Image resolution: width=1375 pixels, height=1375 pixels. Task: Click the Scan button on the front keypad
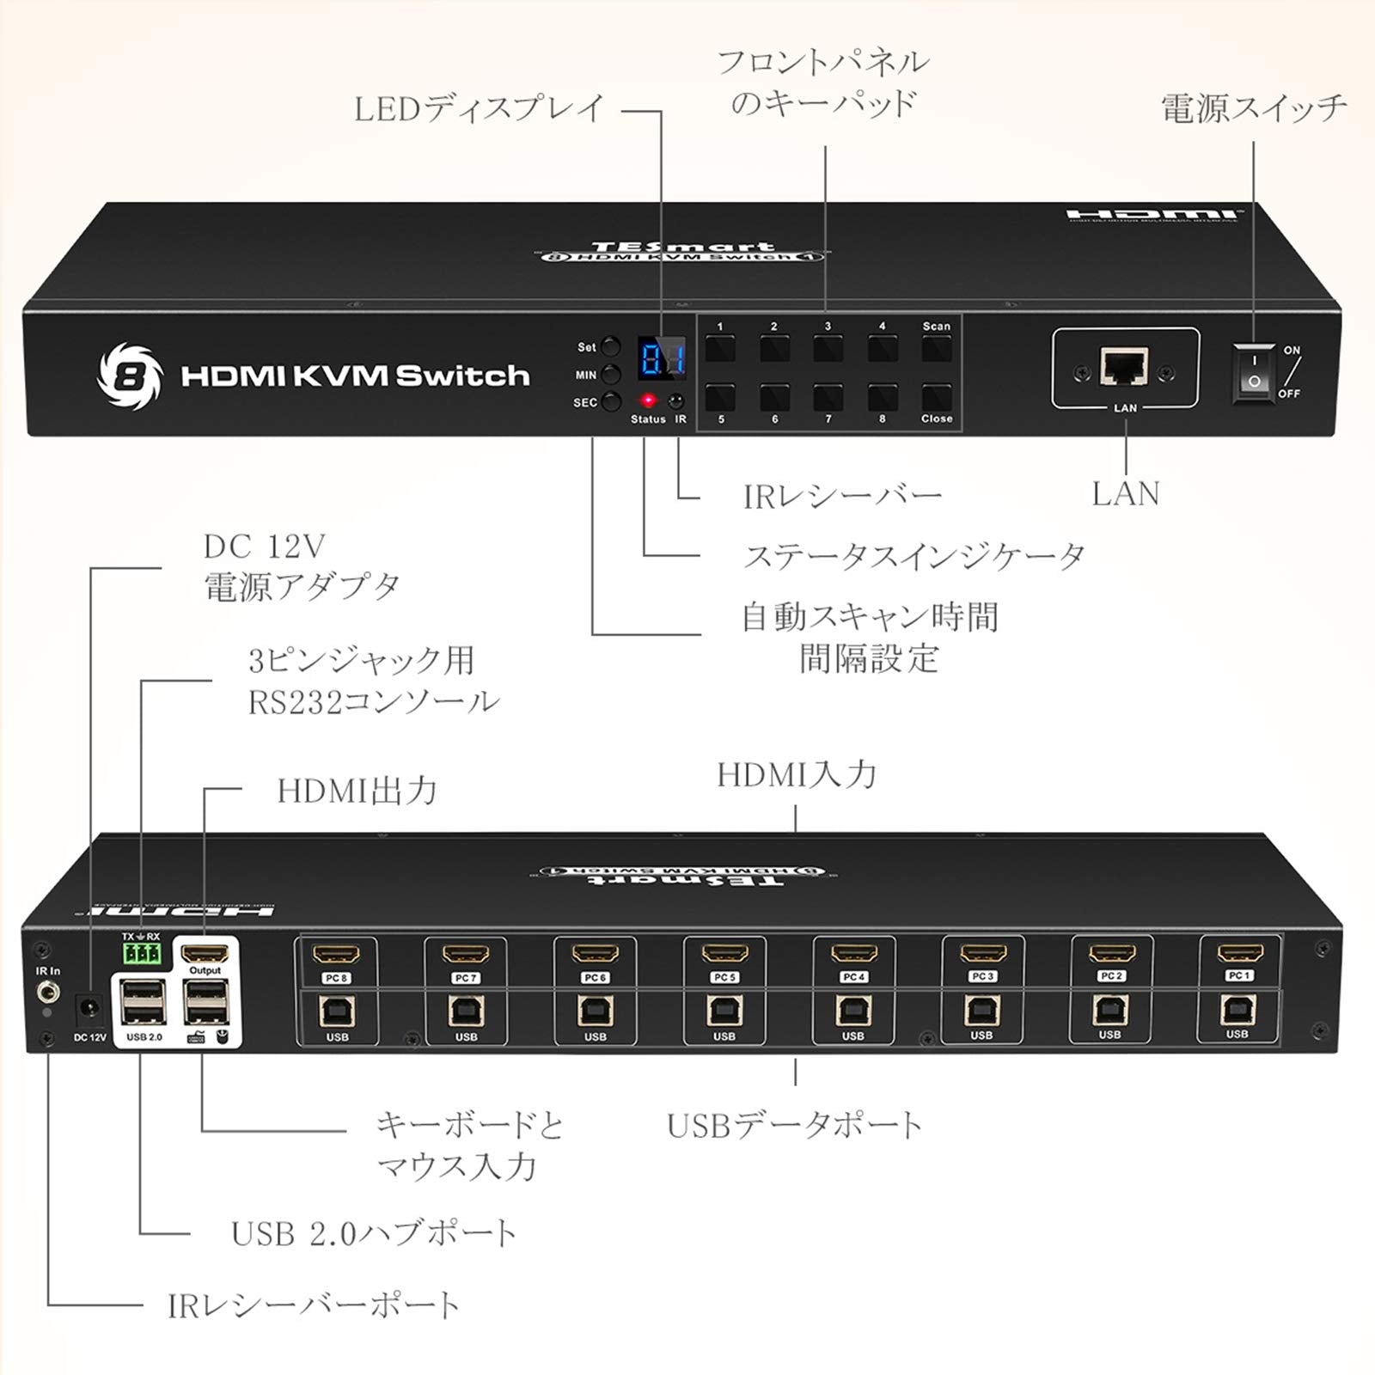pyautogui.click(x=937, y=349)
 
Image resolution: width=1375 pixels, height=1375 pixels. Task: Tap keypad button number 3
pyautogui.click(x=828, y=349)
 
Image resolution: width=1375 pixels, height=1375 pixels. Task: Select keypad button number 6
pyautogui.click(x=775, y=398)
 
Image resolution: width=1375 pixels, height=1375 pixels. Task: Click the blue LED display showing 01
pyautogui.click(x=662, y=358)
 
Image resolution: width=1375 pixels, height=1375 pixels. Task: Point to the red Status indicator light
pyautogui.click(x=648, y=401)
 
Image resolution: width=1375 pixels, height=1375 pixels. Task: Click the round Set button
pyautogui.click(x=610, y=347)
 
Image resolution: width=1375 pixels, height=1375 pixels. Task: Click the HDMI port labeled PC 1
pyautogui.click(x=1239, y=953)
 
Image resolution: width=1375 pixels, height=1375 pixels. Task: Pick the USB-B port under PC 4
pyautogui.click(x=852, y=1011)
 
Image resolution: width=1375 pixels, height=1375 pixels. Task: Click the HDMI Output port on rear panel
pyautogui.click(x=206, y=953)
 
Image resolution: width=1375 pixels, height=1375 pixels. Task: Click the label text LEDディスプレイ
pyautogui.click(x=480, y=110)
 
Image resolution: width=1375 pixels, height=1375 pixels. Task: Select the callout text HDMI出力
pyautogui.click(x=357, y=791)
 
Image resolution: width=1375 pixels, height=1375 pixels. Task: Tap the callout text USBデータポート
pyautogui.click(x=794, y=1125)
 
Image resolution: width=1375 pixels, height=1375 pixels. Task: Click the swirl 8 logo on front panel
pyautogui.click(x=129, y=376)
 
